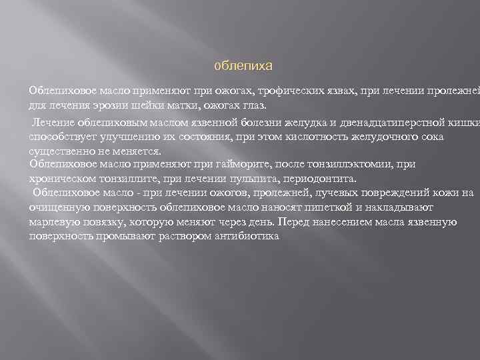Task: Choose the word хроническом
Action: click(65, 179)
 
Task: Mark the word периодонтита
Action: click(317, 179)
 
